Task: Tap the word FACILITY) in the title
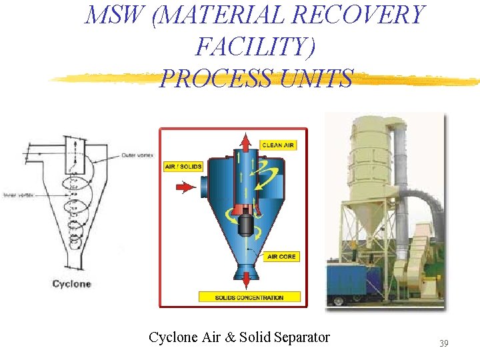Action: click(256, 47)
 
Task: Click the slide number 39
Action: click(443, 343)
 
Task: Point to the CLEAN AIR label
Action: click(278, 145)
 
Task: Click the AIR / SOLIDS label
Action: click(183, 166)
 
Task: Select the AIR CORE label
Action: click(281, 257)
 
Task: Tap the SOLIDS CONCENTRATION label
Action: click(249, 297)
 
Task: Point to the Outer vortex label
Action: click(138, 156)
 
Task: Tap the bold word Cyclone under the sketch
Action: click(71, 284)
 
